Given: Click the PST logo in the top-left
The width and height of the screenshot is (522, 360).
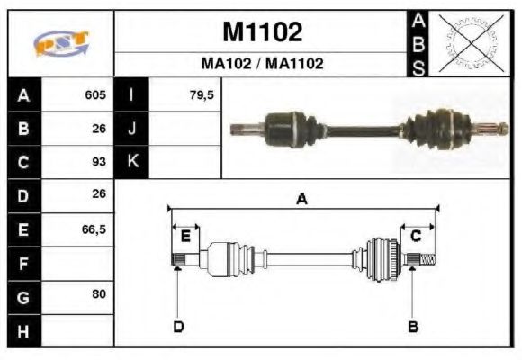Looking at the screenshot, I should (61, 43).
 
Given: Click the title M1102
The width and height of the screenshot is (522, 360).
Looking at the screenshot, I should (262, 32).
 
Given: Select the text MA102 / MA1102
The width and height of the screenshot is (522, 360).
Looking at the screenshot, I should (262, 64).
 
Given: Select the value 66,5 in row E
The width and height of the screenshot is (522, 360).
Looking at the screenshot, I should (94, 229).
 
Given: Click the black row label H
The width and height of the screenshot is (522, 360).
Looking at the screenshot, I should (24, 331).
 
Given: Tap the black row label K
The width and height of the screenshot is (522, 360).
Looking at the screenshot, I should (132, 162).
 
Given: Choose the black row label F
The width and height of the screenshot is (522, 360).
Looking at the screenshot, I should (24, 264).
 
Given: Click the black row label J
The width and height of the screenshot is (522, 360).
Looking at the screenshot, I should (132, 129).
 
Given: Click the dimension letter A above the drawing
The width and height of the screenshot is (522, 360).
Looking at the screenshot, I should (302, 200).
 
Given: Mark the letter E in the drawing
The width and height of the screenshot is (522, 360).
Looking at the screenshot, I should (184, 237).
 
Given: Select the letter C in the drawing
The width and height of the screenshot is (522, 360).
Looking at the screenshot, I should (416, 237).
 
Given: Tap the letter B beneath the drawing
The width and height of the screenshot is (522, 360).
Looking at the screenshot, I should (413, 327).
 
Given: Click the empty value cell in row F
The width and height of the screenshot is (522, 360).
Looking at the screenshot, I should (77, 264).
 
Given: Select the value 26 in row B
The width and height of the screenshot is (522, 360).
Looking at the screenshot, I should (99, 129).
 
